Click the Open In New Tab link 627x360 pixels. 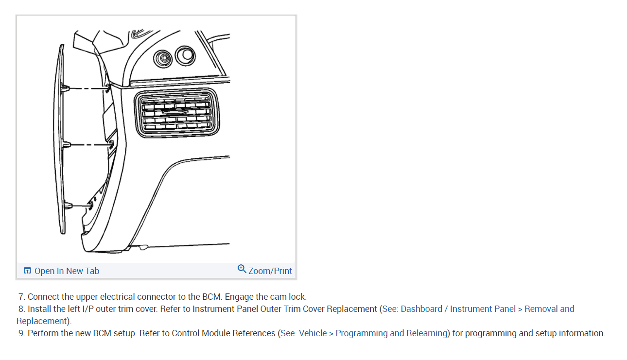point(67,271)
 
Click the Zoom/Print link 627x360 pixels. point(270,271)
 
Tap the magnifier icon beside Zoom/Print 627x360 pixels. point(242,269)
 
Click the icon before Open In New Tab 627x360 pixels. point(27,271)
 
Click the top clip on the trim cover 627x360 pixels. point(66,88)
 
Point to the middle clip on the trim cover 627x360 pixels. point(67,145)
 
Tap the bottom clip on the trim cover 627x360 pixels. point(68,206)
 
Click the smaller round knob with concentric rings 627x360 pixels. point(162,59)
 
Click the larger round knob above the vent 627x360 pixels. point(185,56)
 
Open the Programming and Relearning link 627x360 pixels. point(391,333)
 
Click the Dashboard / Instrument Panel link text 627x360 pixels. point(458,309)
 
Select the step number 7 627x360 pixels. point(21,297)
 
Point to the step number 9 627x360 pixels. point(21,333)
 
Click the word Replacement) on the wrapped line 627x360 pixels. point(43,321)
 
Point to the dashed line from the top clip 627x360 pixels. point(87,88)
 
